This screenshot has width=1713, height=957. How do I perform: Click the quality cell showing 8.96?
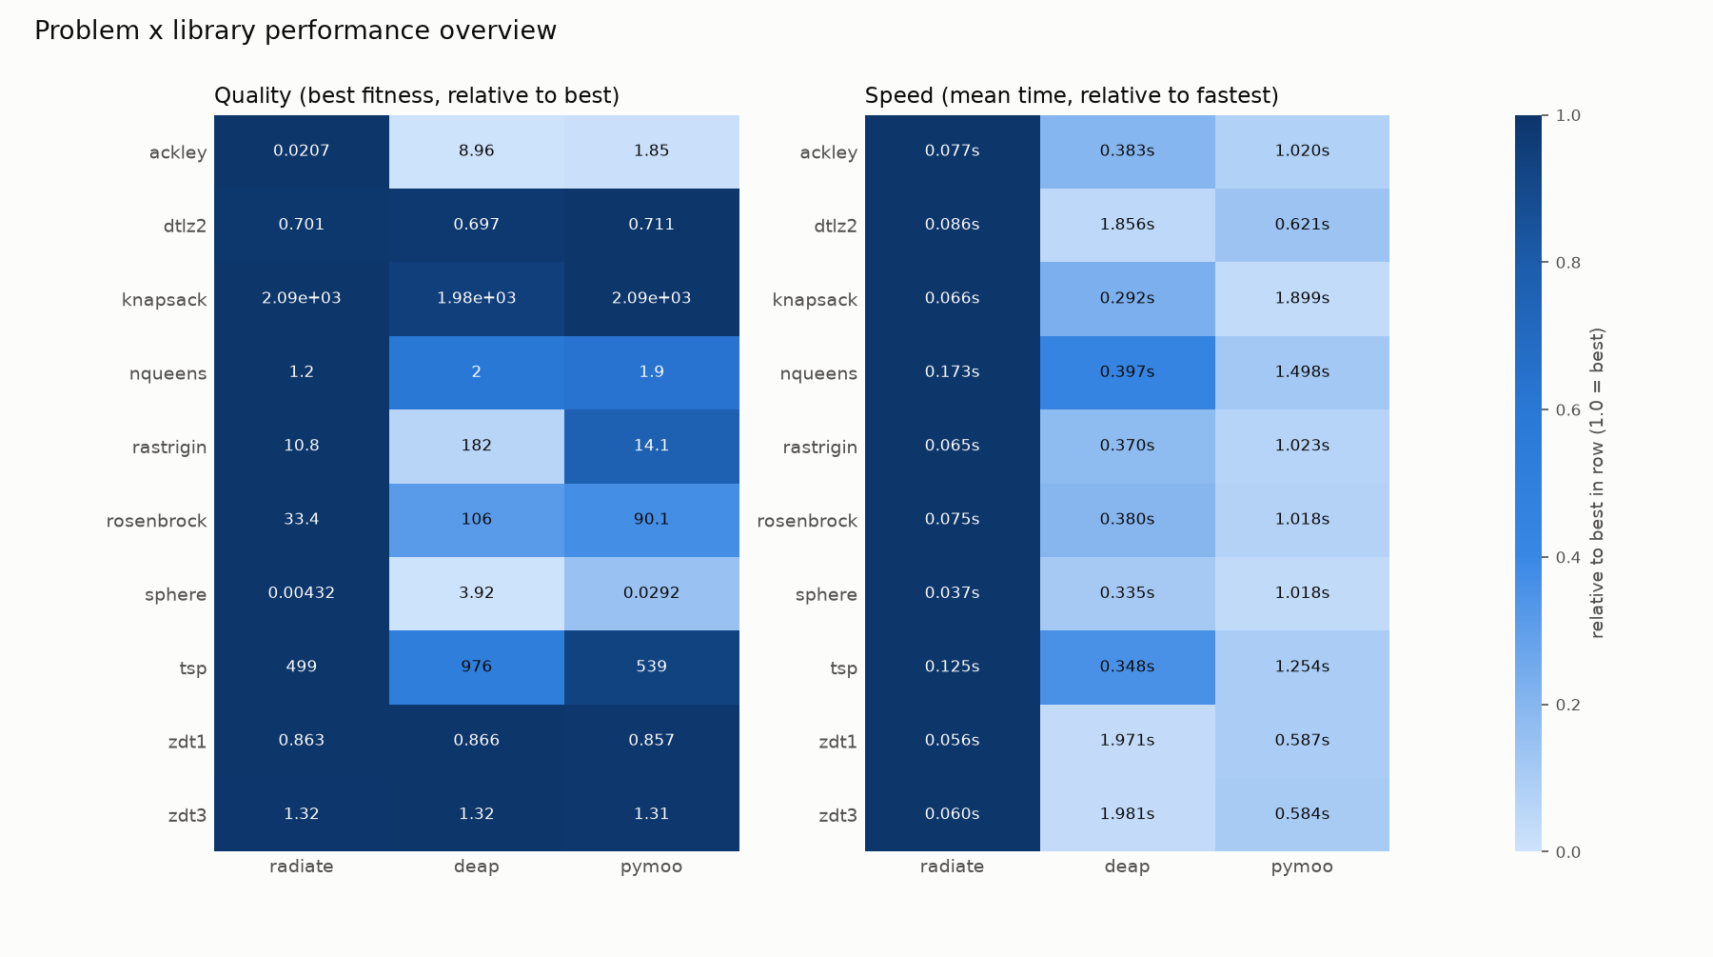click(x=476, y=151)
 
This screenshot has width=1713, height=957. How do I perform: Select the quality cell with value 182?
click(x=476, y=446)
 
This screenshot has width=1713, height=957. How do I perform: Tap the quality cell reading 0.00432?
click(x=302, y=593)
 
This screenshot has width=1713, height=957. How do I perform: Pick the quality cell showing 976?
click(x=476, y=667)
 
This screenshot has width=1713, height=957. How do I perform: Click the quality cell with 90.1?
click(x=651, y=520)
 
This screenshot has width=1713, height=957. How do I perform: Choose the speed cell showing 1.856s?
click(x=1127, y=225)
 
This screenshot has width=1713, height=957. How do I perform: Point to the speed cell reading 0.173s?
click(x=952, y=372)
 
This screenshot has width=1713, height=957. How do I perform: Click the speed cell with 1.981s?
click(x=1127, y=814)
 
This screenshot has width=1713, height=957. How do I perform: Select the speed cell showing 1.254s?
click(x=1302, y=667)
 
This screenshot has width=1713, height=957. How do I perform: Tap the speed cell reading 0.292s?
click(x=1127, y=299)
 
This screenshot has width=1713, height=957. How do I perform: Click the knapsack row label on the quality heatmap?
click(x=164, y=300)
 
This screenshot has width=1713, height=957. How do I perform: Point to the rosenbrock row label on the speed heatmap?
click(x=807, y=521)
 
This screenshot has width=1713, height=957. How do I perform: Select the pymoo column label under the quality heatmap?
click(x=651, y=867)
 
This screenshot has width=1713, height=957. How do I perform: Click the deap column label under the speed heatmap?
click(x=1127, y=867)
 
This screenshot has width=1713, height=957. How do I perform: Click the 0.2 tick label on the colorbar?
click(x=1568, y=705)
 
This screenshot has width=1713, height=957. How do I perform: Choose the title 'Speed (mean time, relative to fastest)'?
click(x=1072, y=95)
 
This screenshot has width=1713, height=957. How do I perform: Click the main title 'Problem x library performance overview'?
click(x=295, y=30)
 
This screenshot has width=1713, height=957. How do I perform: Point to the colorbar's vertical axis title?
click(x=1597, y=483)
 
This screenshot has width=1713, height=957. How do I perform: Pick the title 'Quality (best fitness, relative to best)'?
click(x=417, y=95)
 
